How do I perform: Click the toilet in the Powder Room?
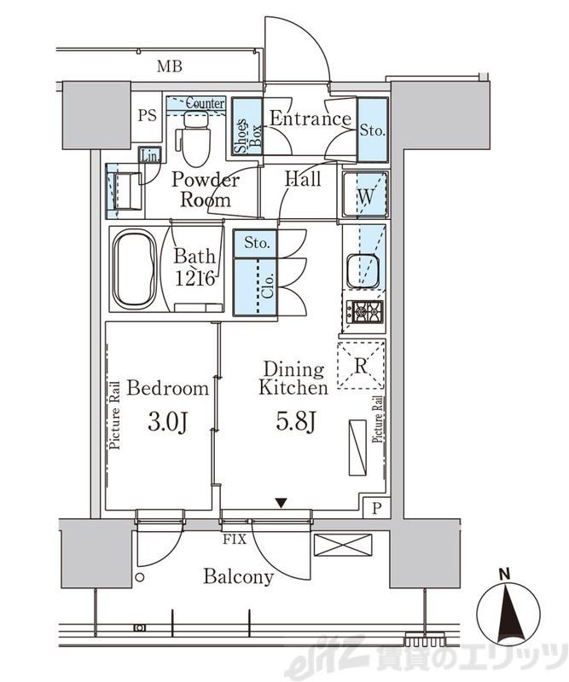(194, 138)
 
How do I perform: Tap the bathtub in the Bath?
(134, 269)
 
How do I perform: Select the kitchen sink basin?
(363, 271)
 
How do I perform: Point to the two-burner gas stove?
(365, 312)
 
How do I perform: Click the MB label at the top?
(170, 66)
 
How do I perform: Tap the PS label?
(147, 116)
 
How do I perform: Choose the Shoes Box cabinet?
(247, 126)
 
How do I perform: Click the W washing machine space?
(365, 194)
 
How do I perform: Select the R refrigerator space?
(361, 365)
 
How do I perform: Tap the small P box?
(376, 507)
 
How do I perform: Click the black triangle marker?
(282, 503)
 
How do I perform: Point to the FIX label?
(235, 540)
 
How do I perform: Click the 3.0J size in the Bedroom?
(167, 421)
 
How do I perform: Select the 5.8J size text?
(296, 420)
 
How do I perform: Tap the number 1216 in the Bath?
(195, 279)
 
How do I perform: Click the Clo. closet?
(255, 287)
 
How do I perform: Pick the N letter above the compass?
(504, 575)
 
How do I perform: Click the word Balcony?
(239, 577)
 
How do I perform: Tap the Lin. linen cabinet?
(150, 155)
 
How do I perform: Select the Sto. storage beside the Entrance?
(373, 130)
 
